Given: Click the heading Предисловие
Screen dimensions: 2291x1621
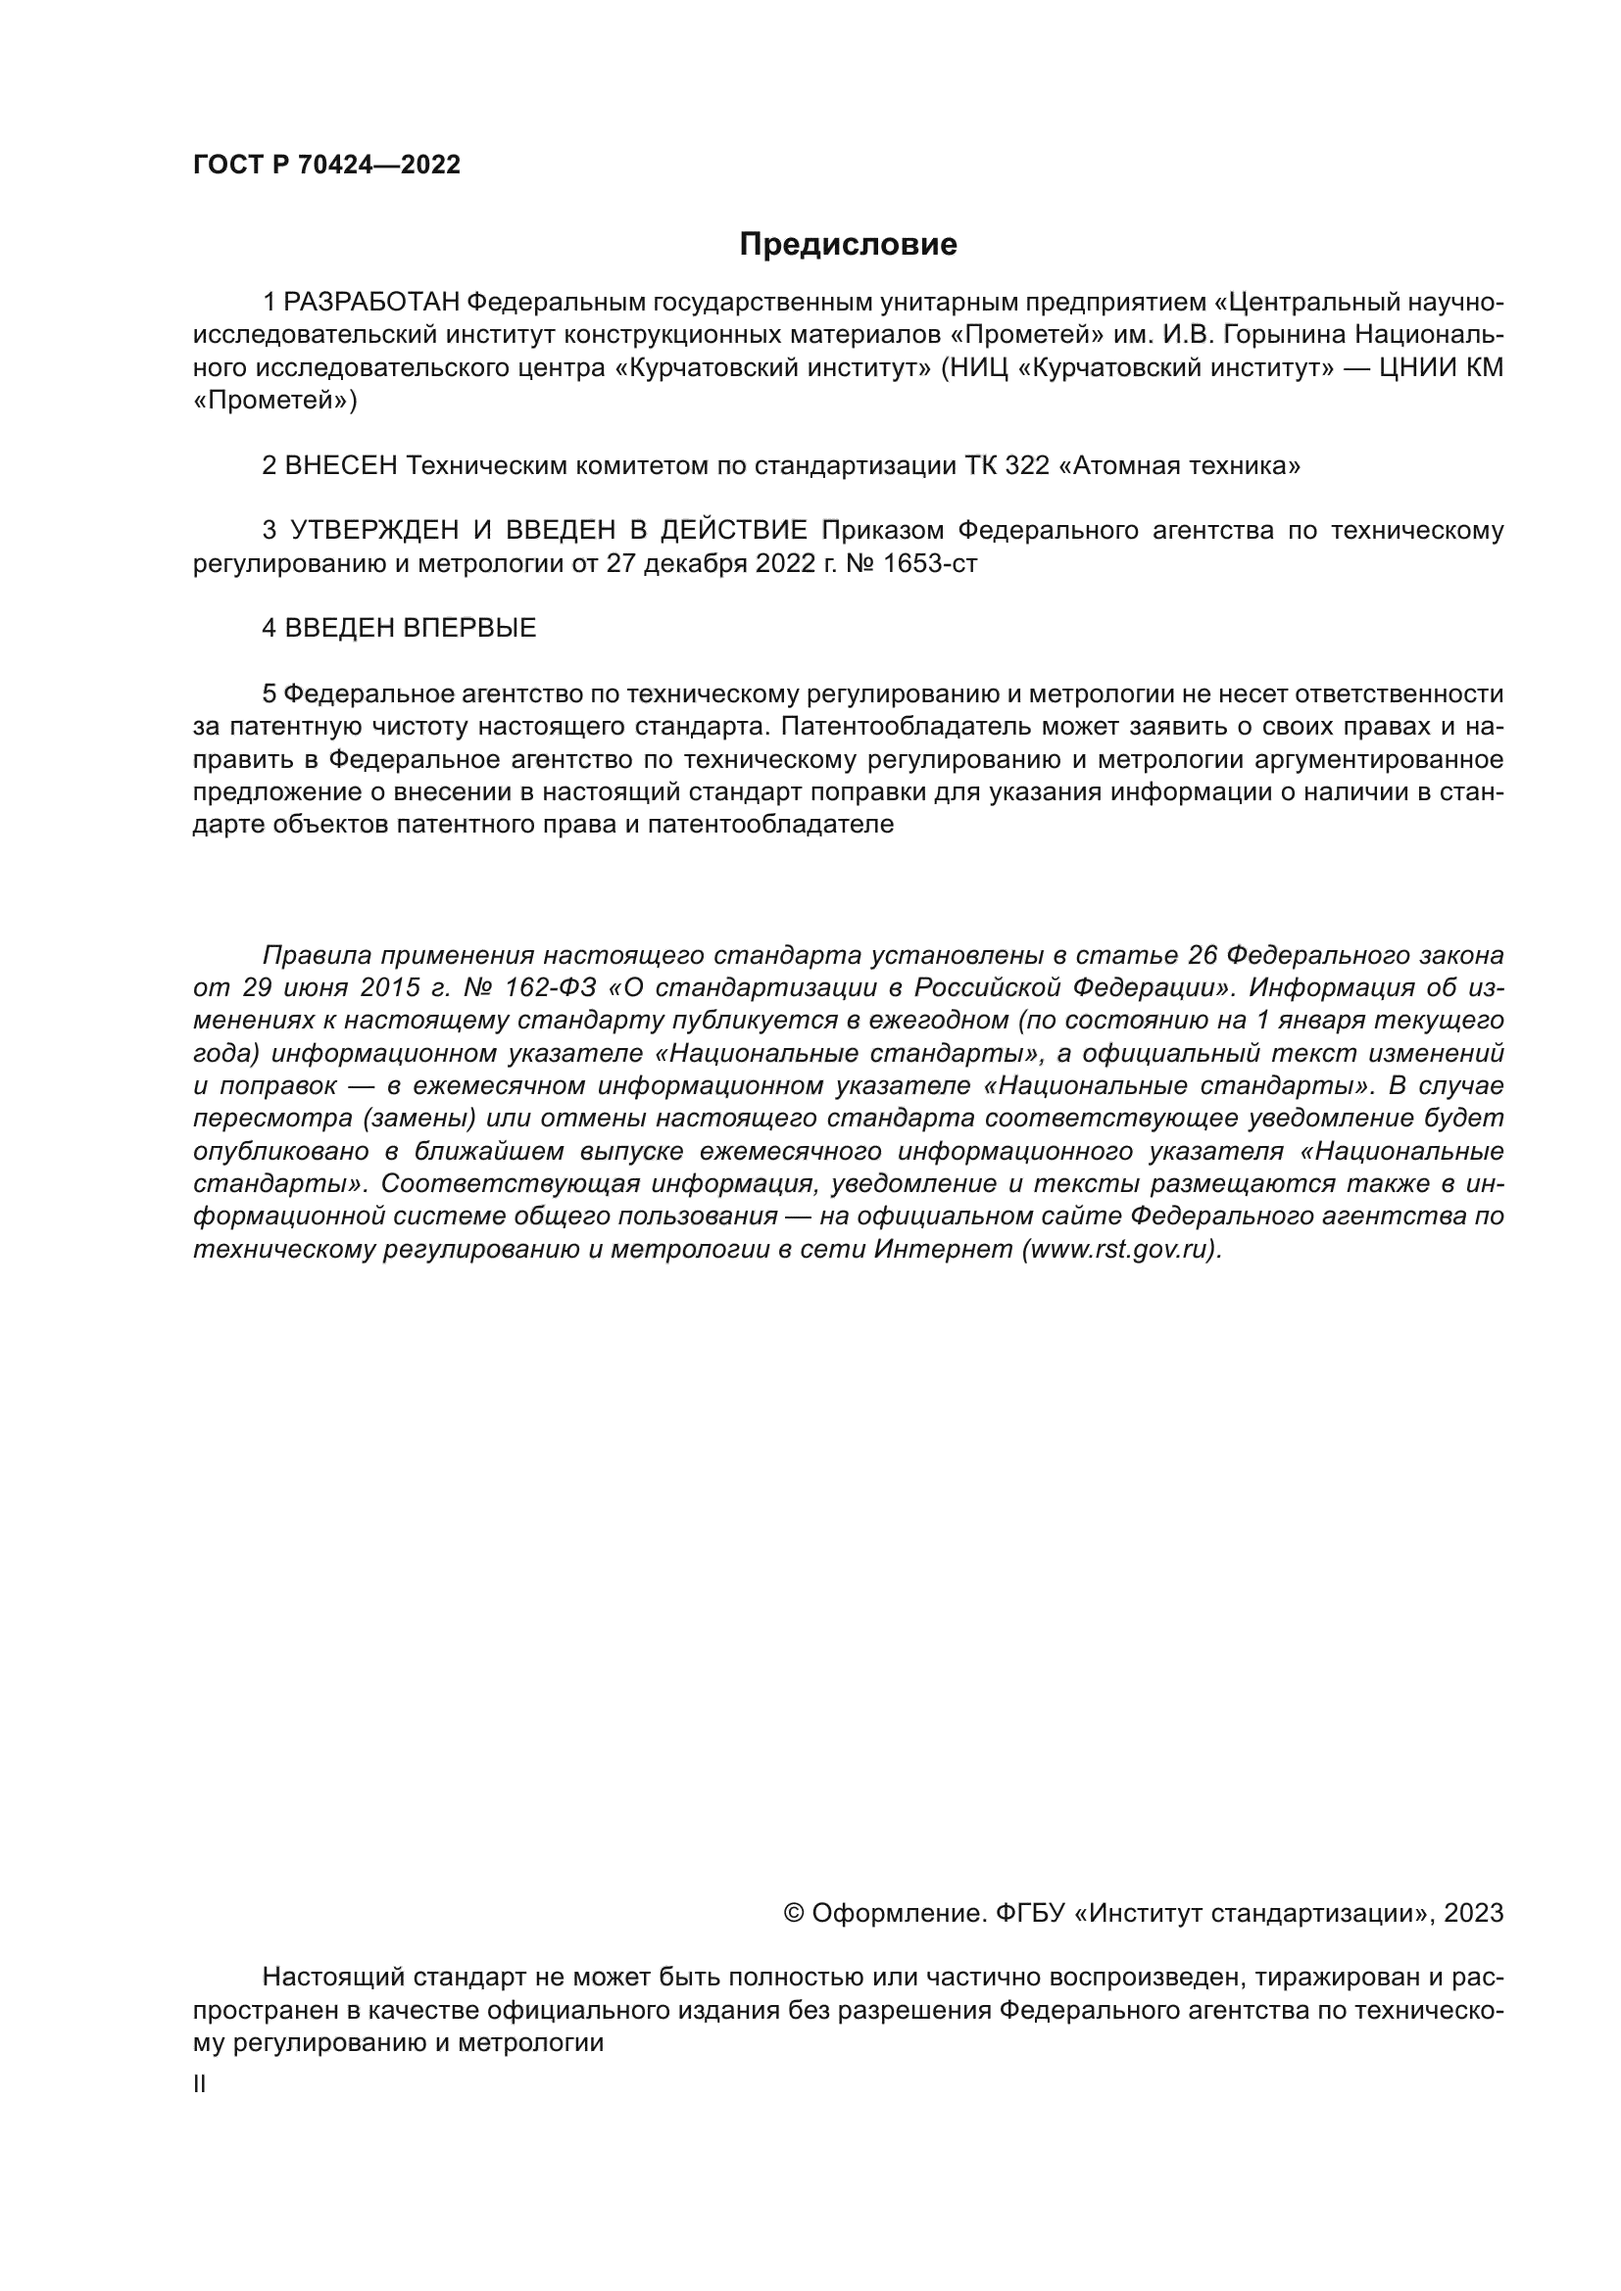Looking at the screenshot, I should coord(848,245).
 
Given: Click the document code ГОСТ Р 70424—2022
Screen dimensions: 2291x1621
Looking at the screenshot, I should coord(326,166).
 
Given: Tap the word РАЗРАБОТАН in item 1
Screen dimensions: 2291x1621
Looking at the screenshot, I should coord(371,302).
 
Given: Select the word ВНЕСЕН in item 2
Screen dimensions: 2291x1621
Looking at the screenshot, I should coord(341,465).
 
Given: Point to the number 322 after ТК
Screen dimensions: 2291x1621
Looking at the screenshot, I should coord(1027,465).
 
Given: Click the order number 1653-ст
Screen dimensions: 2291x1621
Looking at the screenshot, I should coord(930,563).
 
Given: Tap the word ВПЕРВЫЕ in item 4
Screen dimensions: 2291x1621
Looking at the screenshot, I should coord(470,628).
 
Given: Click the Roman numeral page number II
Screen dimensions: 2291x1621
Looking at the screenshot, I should coord(200,2083).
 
